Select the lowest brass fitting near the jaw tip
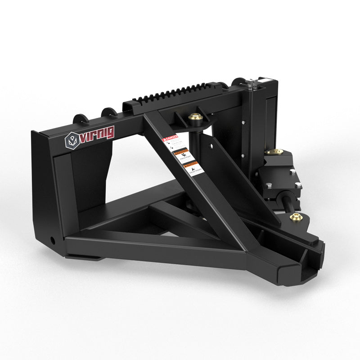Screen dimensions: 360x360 tap(296, 218)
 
